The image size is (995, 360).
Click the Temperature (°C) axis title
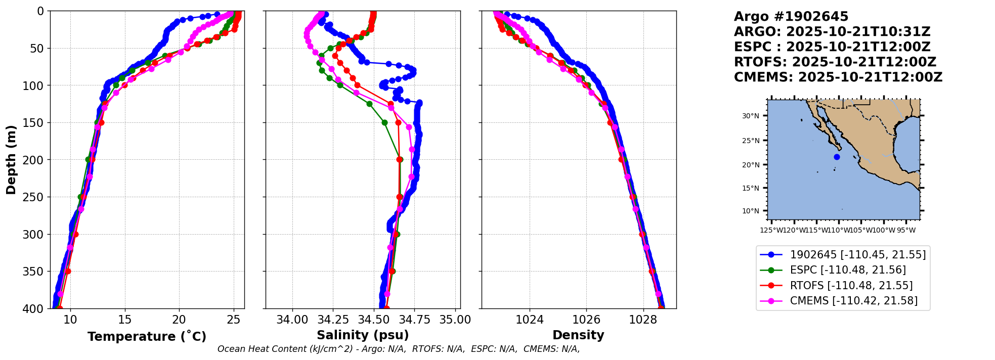point(147,337)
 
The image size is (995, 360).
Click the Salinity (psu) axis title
point(363,335)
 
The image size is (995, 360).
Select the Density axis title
point(578,335)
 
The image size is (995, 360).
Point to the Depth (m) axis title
point(11,159)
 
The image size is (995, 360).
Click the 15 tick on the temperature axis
point(124,320)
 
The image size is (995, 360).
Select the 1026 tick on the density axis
point(586,320)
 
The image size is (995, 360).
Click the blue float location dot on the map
point(837,157)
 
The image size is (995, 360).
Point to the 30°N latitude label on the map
point(751,116)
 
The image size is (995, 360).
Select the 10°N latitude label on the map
point(751,211)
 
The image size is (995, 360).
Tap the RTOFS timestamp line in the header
point(835,62)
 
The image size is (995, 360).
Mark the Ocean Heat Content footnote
point(399,349)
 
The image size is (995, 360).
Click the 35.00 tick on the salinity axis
point(455,320)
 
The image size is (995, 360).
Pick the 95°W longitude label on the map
point(906,231)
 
